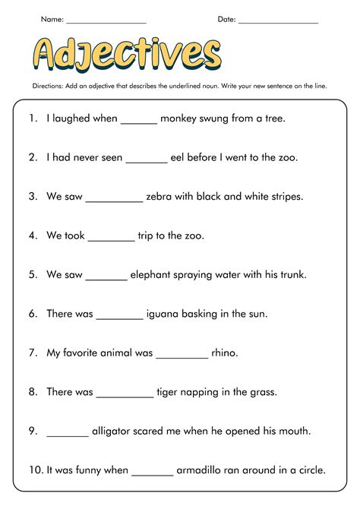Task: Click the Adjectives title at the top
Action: point(128,53)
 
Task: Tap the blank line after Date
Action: point(278,22)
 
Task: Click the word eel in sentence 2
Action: point(180,158)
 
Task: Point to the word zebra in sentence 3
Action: point(161,197)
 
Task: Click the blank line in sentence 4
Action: point(111,239)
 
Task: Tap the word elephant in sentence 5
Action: point(156,275)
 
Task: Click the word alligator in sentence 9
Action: point(117,431)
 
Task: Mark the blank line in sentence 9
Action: point(68,435)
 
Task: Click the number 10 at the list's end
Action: point(36,470)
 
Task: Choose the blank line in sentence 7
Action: point(182,356)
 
